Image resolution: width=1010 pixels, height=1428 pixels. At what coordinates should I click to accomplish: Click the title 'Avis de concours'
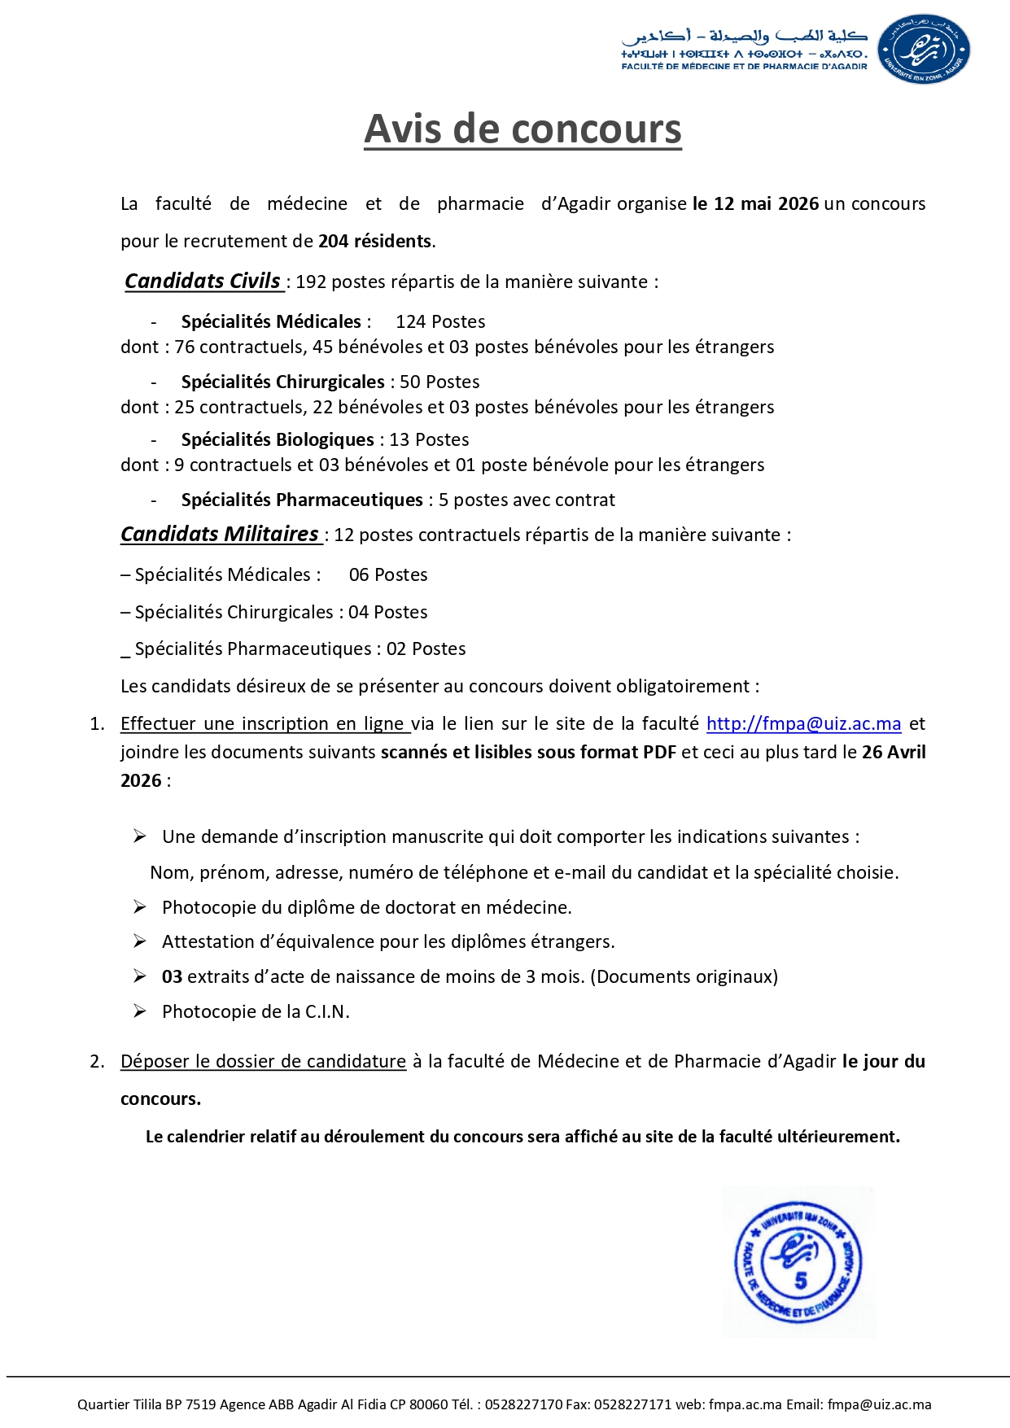[x=522, y=129]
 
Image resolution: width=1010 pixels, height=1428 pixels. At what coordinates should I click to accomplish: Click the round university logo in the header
[x=924, y=49]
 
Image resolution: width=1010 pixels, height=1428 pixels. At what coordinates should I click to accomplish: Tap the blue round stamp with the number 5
[x=798, y=1262]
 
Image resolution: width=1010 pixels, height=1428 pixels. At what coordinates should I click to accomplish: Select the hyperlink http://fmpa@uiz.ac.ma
[x=803, y=723]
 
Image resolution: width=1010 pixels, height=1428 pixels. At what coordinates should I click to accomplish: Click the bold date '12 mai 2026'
[x=755, y=203]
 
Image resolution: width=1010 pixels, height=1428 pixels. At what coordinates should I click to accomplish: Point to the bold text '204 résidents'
[x=375, y=241]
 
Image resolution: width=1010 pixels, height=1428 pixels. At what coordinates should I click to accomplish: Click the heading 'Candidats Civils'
[x=203, y=282]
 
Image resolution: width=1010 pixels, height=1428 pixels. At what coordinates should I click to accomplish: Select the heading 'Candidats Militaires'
[x=220, y=535]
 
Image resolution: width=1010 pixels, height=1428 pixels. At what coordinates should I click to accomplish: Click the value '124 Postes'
[x=440, y=321]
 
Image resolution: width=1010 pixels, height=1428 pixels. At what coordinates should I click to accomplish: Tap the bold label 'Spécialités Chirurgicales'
[x=282, y=382]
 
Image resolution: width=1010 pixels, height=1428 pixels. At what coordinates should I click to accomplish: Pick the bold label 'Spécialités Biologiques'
[x=278, y=439]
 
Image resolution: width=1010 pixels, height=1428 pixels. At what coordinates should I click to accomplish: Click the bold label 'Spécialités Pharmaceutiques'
[x=302, y=500]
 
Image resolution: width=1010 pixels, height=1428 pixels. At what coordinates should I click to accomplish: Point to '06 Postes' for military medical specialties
[x=388, y=574]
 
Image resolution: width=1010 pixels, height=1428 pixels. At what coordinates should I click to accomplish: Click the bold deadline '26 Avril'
[x=894, y=752]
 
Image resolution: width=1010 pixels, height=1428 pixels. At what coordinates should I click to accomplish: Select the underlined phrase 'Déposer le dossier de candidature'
[x=263, y=1061]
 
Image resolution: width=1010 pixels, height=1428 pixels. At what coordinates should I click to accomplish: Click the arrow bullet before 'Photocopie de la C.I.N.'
[x=140, y=1011]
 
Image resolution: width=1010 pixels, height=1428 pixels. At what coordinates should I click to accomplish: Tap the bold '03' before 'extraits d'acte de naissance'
[x=172, y=976]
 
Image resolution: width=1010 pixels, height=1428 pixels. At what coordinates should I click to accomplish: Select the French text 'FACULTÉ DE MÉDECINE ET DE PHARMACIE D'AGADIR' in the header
[x=744, y=67]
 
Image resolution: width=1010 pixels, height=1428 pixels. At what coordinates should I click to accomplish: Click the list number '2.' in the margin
[x=97, y=1061]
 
